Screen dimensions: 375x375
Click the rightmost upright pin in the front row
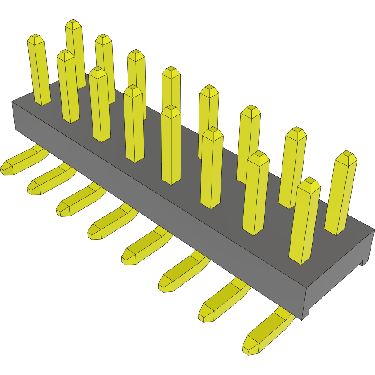[305, 220]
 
